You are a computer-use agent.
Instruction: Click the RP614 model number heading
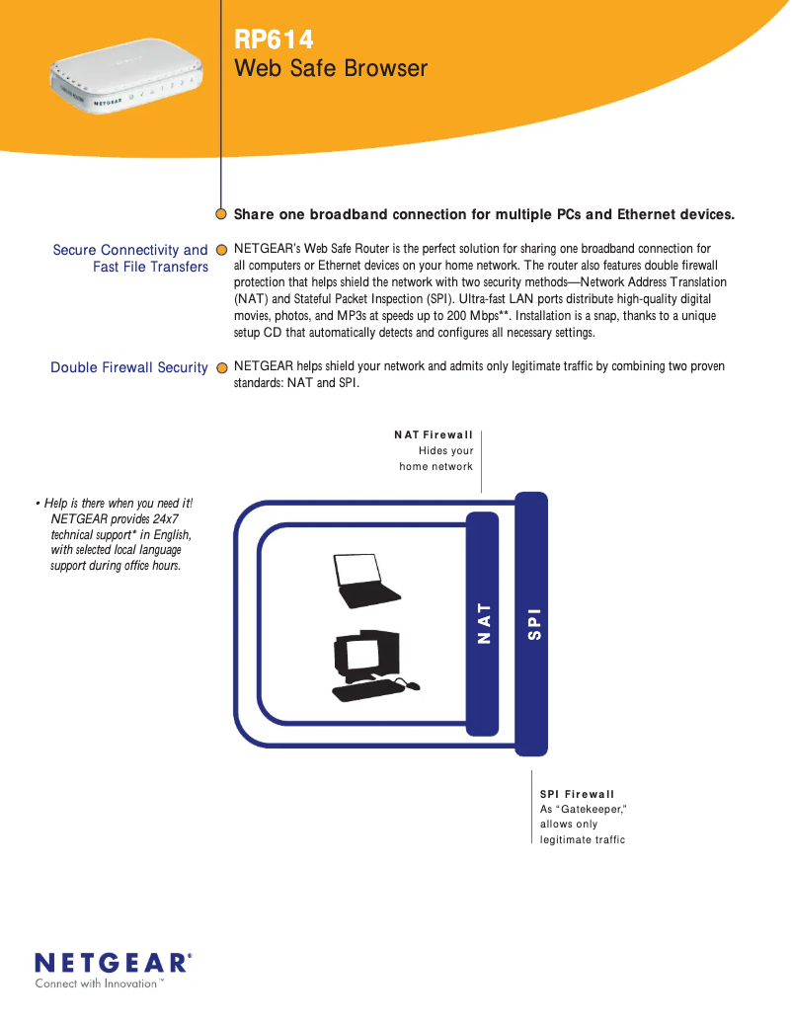tap(274, 39)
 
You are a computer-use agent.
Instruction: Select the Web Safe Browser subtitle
tap(330, 68)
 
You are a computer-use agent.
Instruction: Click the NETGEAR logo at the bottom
tap(113, 962)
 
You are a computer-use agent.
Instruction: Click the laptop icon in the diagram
tap(367, 582)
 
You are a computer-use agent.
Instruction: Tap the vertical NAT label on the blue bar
tap(484, 623)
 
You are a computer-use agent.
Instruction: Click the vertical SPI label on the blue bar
tap(533, 623)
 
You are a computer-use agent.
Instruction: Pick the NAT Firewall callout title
tap(434, 434)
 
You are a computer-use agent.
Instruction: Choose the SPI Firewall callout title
tap(577, 794)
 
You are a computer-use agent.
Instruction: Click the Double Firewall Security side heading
tap(129, 367)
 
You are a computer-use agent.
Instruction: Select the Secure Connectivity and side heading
tap(130, 250)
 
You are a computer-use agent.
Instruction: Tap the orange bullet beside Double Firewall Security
tap(222, 367)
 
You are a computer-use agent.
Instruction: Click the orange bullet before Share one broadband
tap(222, 214)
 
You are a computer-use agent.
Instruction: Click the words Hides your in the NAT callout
tap(446, 450)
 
